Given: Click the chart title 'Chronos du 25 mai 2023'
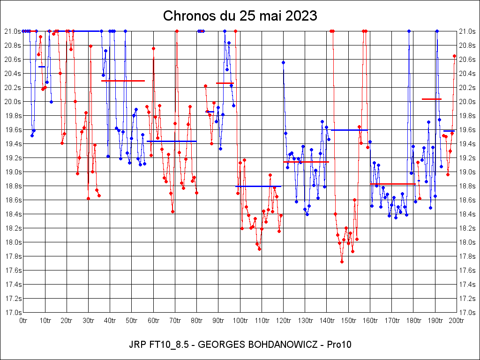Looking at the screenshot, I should pyautogui.click(x=240, y=16).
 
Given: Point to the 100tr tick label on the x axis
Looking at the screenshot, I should pyautogui.click(x=240, y=321).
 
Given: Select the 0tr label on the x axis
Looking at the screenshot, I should pyautogui.click(x=23, y=321).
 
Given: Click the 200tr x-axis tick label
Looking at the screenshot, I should pyautogui.click(x=457, y=321).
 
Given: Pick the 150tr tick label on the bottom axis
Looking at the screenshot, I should pyautogui.click(x=348, y=321).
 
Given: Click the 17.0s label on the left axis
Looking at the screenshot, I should pyautogui.click(x=12, y=313).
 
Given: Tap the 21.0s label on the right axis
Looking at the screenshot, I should pyautogui.click(x=468, y=31).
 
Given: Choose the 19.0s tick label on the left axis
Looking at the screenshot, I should pyautogui.click(x=12, y=172).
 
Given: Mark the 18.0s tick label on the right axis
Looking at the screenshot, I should pyautogui.click(x=468, y=242).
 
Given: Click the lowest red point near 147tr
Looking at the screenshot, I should pyautogui.click(x=342, y=262).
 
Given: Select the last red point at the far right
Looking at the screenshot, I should pyautogui.click(x=454, y=56).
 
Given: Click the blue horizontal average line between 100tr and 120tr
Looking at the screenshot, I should pyautogui.click(x=258, y=186).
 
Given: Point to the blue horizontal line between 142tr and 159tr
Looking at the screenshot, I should pyautogui.click(x=349, y=130).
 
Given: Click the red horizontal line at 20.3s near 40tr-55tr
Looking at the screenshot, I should pyautogui.click(x=123, y=81).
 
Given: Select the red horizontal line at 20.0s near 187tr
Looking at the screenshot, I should pyautogui.click(x=431, y=99).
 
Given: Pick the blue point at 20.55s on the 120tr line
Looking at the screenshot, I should pyautogui.click(x=283, y=62).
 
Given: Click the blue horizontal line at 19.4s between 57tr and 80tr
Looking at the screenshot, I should pyautogui.click(x=172, y=141).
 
